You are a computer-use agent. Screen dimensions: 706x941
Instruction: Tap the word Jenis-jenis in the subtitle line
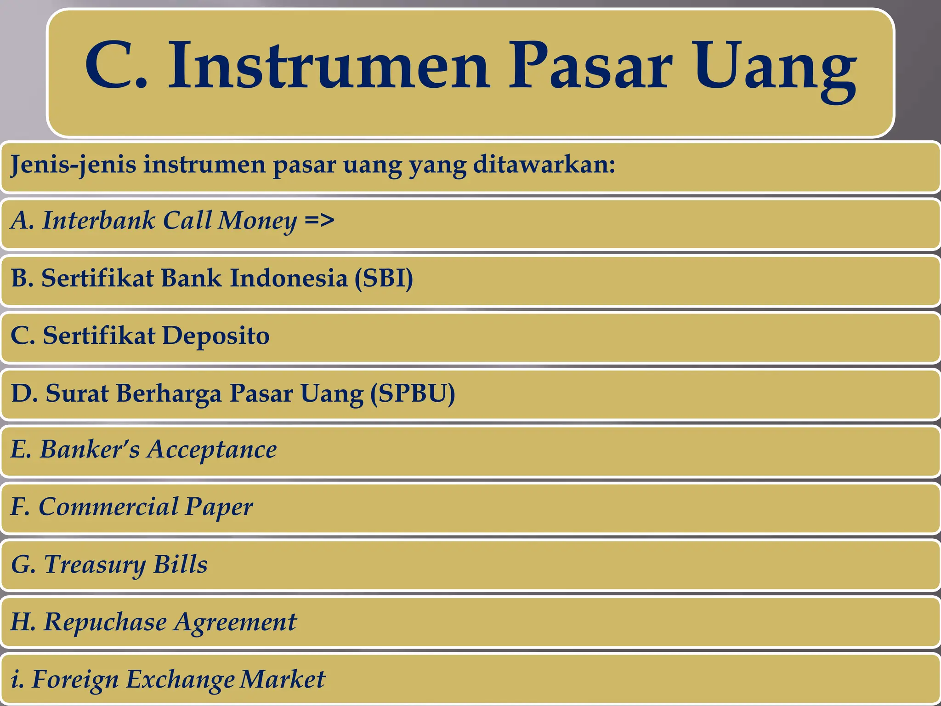pyautogui.click(x=73, y=165)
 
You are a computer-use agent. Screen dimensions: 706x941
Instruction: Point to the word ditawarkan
pyautogui.click(x=544, y=164)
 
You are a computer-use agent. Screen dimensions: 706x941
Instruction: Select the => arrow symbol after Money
pyautogui.click(x=319, y=221)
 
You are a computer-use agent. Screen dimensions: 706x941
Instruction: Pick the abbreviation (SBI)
pyautogui.click(x=384, y=278)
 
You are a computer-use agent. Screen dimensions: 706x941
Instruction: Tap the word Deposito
pyautogui.click(x=215, y=336)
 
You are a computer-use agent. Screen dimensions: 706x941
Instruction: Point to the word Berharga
pyautogui.click(x=169, y=393)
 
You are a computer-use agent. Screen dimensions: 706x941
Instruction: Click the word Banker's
pyautogui.click(x=90, y=449)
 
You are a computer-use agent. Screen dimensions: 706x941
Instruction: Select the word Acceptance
pyautogui.click(x=212, y=449)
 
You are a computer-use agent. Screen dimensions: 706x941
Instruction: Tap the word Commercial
pyautogui.click(x=108, y=507)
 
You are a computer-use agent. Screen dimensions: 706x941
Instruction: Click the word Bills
pyautogui.click(x=180, y=564)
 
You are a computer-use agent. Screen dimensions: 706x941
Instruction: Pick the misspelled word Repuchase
pyautogui.click(x=105, y=622)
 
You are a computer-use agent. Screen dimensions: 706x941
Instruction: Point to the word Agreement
pyautogui.click(x=235, y=622)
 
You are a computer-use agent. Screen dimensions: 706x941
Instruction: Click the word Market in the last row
pyautogui.click(x=283, y=679)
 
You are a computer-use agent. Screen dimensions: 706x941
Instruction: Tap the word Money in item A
pyautogui.click(x=257, y=221)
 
